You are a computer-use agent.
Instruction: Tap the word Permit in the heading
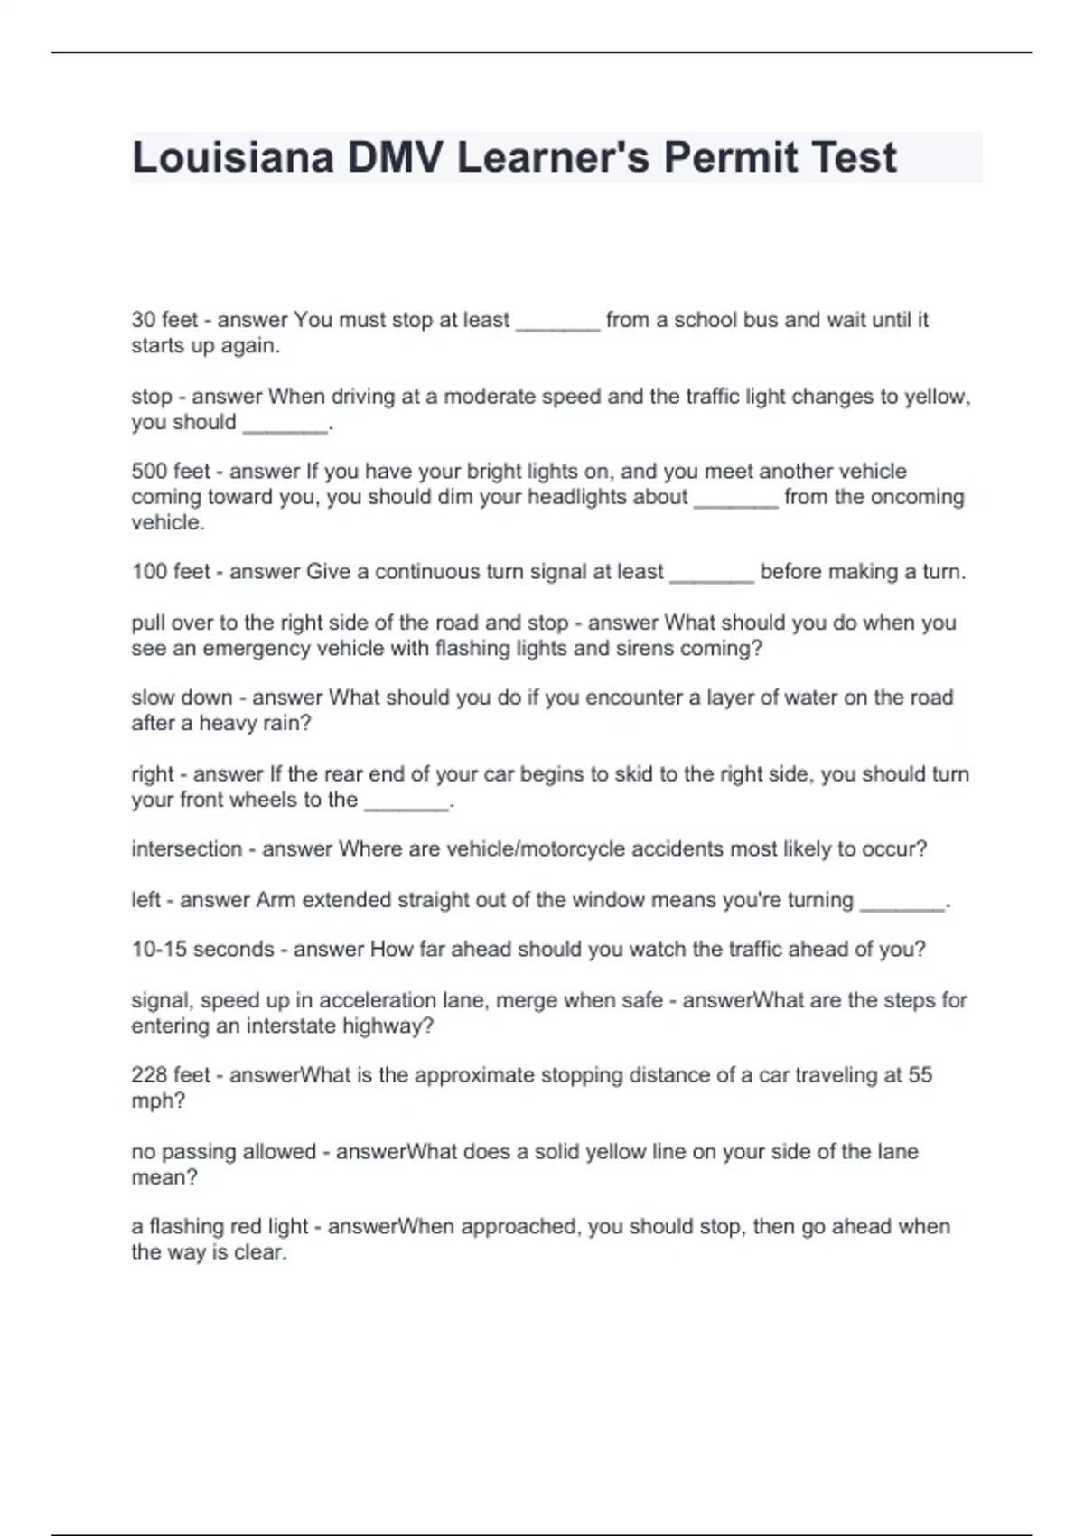tap(730, 157)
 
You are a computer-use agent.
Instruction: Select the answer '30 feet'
tap(164, 320)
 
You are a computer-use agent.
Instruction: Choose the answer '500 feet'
tap(171, 472)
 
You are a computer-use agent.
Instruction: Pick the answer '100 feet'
tap(171, 572)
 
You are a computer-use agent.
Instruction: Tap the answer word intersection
tap(187, 849)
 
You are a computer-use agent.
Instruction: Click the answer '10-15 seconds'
tap(202, 950)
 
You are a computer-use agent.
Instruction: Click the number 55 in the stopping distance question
tap(920, 1075)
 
